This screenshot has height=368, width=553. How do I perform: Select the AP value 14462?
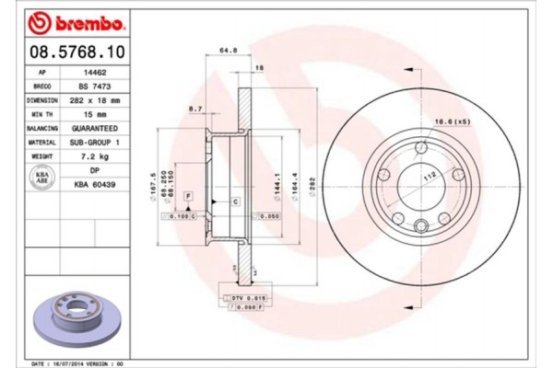click(x=94, y=70)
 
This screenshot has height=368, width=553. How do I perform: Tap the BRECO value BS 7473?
click(x=94, y=85)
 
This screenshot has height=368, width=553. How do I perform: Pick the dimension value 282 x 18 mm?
click(x=94, y=99)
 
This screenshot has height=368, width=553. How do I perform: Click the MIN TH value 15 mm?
click(x=94, y=114)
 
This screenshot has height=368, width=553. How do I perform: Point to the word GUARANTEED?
click(x=94, y=129)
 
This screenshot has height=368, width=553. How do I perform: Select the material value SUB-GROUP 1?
click(x=94, y=144)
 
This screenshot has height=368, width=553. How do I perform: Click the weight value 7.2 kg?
click(x=94, y=158)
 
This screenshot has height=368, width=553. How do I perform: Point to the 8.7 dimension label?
click(x=195, y=109)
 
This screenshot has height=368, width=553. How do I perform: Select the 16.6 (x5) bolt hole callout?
click(x=453, y=121)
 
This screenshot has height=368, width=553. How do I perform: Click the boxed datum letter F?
click(x=187, y=197)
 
